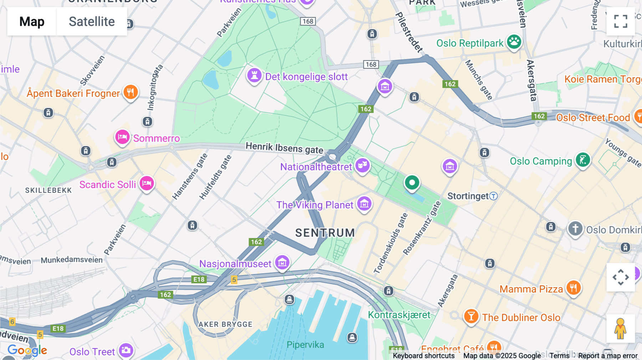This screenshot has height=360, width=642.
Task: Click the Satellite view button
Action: (x=92, y=21)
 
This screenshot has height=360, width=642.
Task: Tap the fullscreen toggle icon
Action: (x=621, y=21)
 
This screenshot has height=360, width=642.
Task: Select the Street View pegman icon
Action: (x=621, y=329)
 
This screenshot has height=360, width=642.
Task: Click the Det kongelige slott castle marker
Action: (x=255, y=76)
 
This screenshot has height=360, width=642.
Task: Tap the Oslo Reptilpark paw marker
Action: (x=514, y=42)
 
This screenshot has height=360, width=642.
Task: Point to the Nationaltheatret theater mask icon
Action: (x=362, y=165)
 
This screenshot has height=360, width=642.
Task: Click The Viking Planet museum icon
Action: (x=364, y=204)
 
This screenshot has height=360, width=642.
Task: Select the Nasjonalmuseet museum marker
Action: (x=282, y=263)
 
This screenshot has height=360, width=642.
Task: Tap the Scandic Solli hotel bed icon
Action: (x=147, y=184)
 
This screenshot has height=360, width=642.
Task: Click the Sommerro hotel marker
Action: (x=122, y=137)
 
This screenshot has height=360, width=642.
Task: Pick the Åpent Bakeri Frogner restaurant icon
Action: (x=131, y=92)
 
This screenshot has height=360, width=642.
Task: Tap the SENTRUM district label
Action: (x=325, y=233)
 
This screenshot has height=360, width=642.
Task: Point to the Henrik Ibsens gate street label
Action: (x=284, y=148)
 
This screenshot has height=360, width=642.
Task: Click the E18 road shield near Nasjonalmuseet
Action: (x=199, y=279)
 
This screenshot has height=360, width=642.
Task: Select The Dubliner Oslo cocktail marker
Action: (x=471, y=316)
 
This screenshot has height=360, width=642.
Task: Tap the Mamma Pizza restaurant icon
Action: (x=573, y=287)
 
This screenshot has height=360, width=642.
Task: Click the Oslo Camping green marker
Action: (x=582, y=160)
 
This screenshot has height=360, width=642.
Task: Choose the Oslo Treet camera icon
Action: (x=126, y=350)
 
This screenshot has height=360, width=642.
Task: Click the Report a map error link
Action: (x=607, y=356)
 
